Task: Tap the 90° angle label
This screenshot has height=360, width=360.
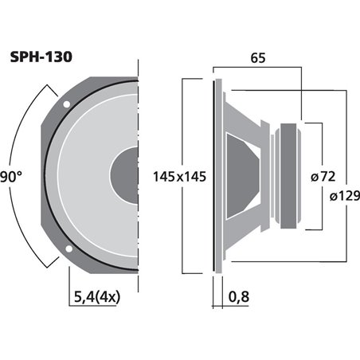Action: click(x=14, y=177)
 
